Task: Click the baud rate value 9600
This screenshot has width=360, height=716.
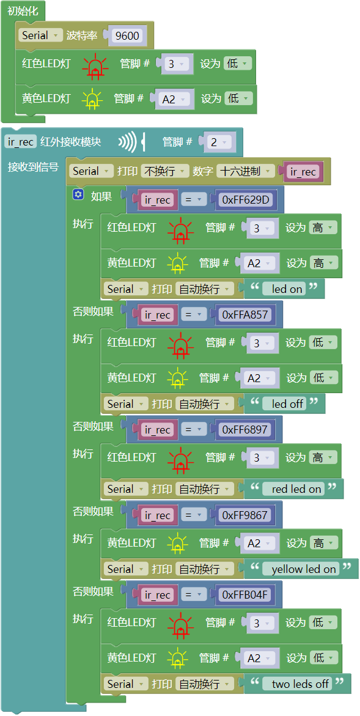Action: click(127, 35)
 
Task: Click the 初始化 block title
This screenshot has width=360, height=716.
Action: click(23, 11)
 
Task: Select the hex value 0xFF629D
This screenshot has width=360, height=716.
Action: click(245, 199)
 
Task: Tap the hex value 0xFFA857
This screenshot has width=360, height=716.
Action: click(244, 315)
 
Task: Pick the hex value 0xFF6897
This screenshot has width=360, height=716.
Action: click(244, 430)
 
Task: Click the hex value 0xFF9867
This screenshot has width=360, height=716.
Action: click(244, 515)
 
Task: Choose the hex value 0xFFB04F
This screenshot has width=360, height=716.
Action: click(245, 594)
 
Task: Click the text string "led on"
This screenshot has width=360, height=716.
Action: click(287, 289)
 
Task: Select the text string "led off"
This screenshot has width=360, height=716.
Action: click(287, 404)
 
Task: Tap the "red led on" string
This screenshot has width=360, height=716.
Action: click(296, 489)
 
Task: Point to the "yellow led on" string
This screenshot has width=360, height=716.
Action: click(304, 569)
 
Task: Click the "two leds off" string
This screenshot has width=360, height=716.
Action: click(300, 684)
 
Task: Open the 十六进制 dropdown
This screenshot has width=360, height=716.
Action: click(246, 171)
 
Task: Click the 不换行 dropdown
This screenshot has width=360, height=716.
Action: click(164, 171)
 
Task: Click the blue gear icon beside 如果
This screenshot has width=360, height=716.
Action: click(78, 195)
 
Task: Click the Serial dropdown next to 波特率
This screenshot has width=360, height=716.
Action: click(40, 35)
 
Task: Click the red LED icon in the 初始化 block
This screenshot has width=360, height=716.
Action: click(95, 65)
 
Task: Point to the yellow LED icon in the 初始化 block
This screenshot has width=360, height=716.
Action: click(92, 99)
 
